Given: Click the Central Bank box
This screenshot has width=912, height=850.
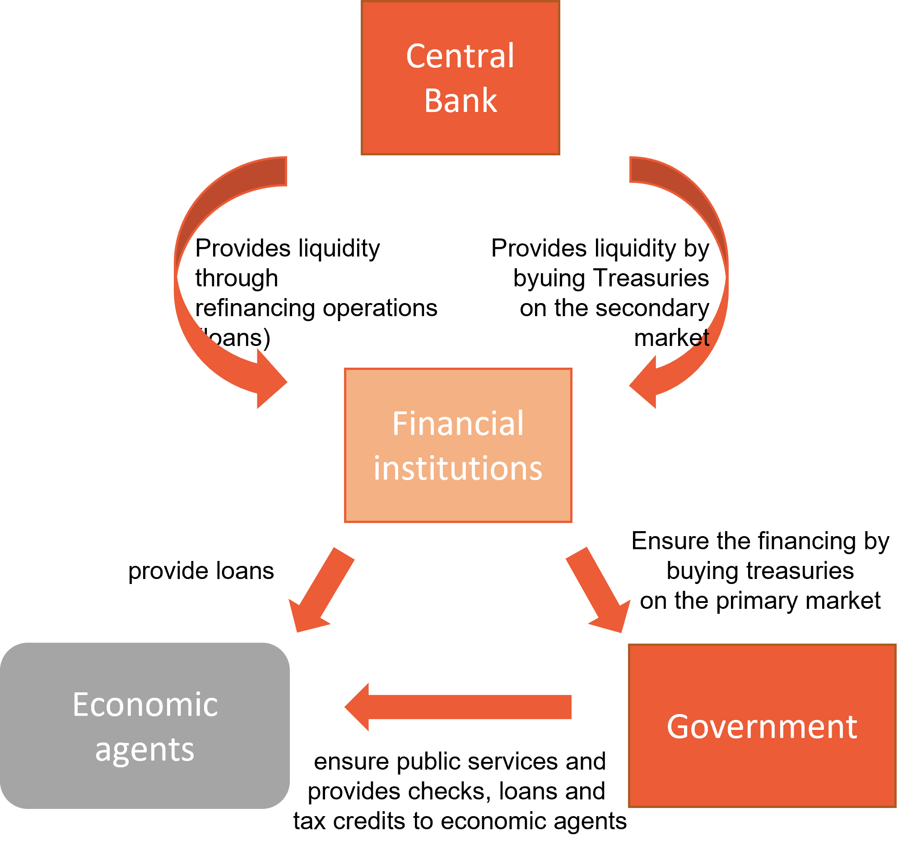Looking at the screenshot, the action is coord(460,78).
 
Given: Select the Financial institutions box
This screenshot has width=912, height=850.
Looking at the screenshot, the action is coord(458,445).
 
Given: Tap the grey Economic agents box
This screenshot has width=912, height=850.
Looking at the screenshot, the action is coord(145,725).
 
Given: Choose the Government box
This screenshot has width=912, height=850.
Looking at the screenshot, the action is coord(762,725).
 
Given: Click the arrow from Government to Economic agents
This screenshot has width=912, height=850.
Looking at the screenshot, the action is coord(458,707).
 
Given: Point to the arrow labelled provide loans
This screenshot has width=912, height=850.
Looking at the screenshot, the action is coord(321,590).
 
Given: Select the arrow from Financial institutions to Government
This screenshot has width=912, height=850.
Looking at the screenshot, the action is coord(598,590).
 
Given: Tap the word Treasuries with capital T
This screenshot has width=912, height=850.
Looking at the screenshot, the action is coord(651,278).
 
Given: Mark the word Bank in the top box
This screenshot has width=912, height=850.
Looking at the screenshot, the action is coord(460,100).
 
